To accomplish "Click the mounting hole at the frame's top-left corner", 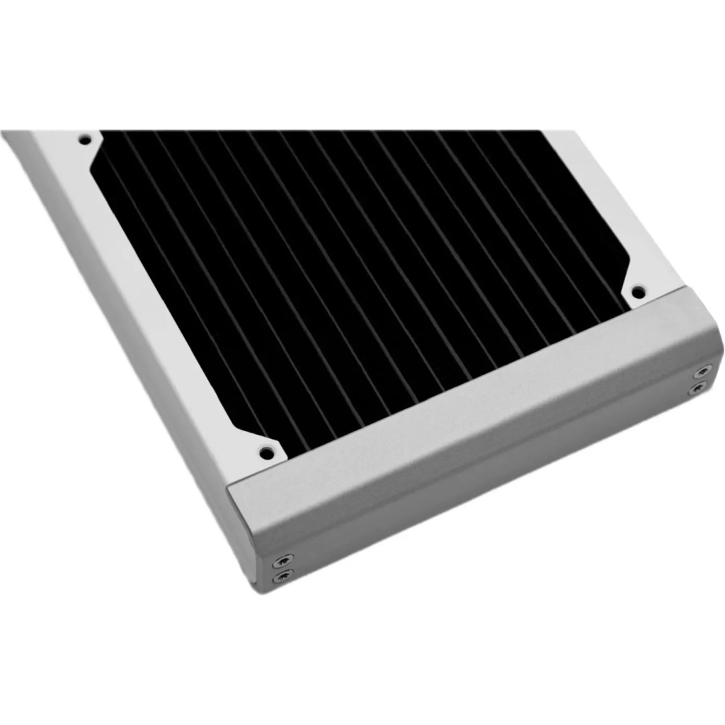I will tap(85, 139).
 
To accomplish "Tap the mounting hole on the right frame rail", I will tap(637, 290).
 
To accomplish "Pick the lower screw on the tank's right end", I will tap(699, 388).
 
